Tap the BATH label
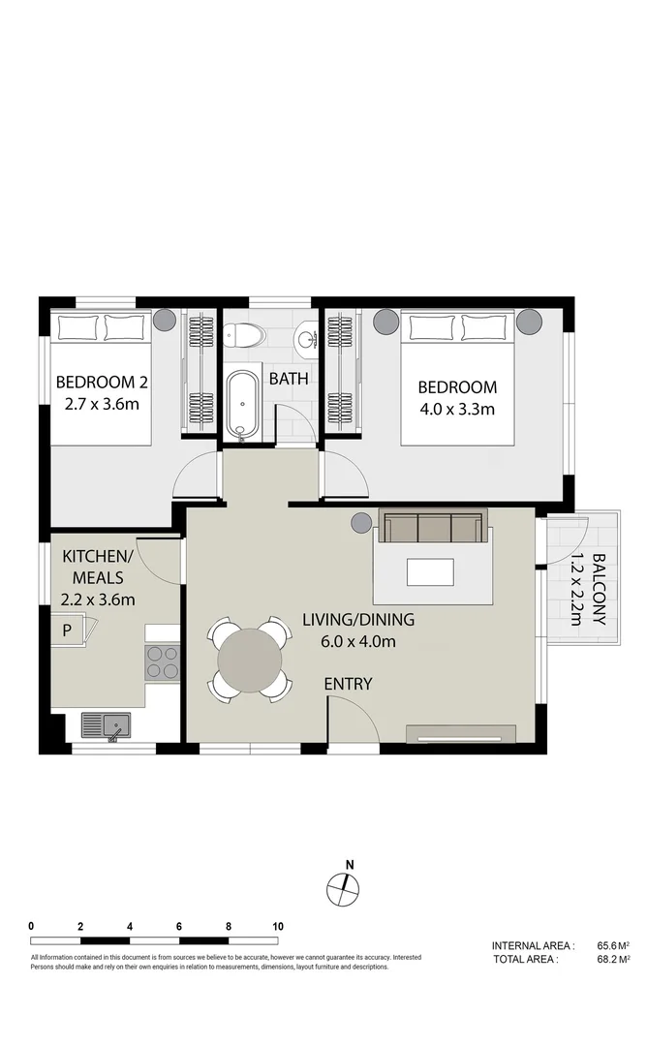click(289, 379)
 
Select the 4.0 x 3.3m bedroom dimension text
click(456, 409)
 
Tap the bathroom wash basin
click(307, 338)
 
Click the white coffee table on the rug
click(430, 572)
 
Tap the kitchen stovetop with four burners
click(163, 661)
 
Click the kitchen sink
click(106, 725)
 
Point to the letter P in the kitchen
click(67, 631)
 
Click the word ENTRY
click(348, 684)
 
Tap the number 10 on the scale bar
click(278, 926)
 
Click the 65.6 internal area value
click(608, 945)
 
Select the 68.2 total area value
click(608, 959)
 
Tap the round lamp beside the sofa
click(360, 523)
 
